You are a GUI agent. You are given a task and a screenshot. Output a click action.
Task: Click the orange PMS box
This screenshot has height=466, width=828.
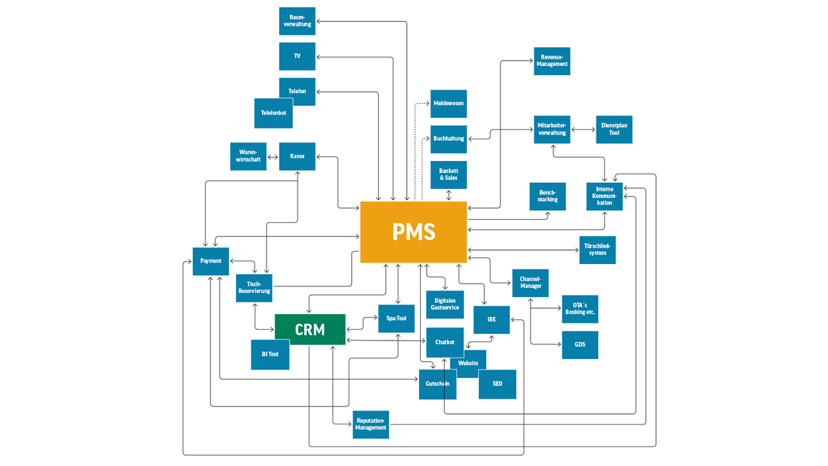coord(414,232)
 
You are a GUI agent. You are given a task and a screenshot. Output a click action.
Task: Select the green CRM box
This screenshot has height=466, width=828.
coord(310,329)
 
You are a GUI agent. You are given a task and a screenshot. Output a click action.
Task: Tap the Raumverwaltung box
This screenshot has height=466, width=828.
coord(297,21)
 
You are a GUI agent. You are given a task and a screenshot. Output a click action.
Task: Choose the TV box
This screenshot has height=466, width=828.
coord(297,56)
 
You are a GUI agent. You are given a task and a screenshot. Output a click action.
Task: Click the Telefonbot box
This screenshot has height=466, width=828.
coord(273,113)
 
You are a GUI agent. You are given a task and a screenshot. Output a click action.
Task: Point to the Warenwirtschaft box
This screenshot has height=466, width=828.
coord(248,156)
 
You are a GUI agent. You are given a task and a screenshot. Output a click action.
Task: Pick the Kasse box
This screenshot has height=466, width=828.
coord(297,156)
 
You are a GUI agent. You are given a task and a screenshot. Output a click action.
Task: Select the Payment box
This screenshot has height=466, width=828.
coord(210,261)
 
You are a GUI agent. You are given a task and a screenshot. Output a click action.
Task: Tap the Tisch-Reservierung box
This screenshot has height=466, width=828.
coord(254,288)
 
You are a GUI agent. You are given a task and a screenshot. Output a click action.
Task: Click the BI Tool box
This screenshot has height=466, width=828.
coord(270,354)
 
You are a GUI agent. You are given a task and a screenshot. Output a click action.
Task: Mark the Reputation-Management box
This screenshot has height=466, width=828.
coord(371,424)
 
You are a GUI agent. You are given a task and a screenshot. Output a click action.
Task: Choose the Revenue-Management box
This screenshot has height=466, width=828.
coord(552,61)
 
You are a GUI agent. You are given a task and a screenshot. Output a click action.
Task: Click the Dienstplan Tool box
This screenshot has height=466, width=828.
coord(614,129)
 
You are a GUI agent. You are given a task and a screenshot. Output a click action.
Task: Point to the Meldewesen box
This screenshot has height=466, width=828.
coord(449,104)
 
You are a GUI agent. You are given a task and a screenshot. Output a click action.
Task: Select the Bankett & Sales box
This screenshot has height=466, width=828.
coord(449,175)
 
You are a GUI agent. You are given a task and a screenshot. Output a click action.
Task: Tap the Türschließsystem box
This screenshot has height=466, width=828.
coord(597,250)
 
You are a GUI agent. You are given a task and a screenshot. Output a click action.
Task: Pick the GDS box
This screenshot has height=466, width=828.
coord(580,345)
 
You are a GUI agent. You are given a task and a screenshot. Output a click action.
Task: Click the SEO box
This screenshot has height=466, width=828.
coord(497,384)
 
